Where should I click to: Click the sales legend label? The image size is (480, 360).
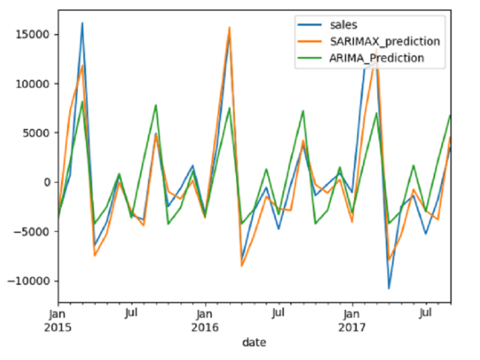pos(343,25)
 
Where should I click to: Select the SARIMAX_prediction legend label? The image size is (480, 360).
pos(385,42)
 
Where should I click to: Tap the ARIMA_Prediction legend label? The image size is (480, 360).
pos(376,58)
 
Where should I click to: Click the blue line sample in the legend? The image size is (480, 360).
pos(310,25)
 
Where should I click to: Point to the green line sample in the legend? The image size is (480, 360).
pos(310,58)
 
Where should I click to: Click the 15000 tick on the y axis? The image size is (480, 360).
pos(33,35)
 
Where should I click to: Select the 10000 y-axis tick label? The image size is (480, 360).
pos(33,84)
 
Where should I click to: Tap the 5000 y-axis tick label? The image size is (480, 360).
pos(36,133)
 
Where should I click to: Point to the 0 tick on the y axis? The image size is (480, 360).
pos(47,183)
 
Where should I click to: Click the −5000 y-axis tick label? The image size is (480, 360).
pos(31,232)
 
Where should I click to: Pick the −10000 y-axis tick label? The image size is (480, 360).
pos(28,281)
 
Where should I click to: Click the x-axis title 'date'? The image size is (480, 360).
pos(254,342)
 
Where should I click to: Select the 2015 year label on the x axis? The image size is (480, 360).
pos(58,327)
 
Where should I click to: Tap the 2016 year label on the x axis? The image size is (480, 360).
pos(205,327)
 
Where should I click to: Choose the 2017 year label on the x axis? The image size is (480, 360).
pos(352,327)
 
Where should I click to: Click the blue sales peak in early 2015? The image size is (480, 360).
pos(83,23)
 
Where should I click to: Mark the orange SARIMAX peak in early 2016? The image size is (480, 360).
pos(230,28)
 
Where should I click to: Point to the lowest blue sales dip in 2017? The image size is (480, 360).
pos(389,289)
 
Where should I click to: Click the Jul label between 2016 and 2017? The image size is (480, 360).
pos(278,313)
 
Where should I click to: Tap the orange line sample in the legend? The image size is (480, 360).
pos(310,42)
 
